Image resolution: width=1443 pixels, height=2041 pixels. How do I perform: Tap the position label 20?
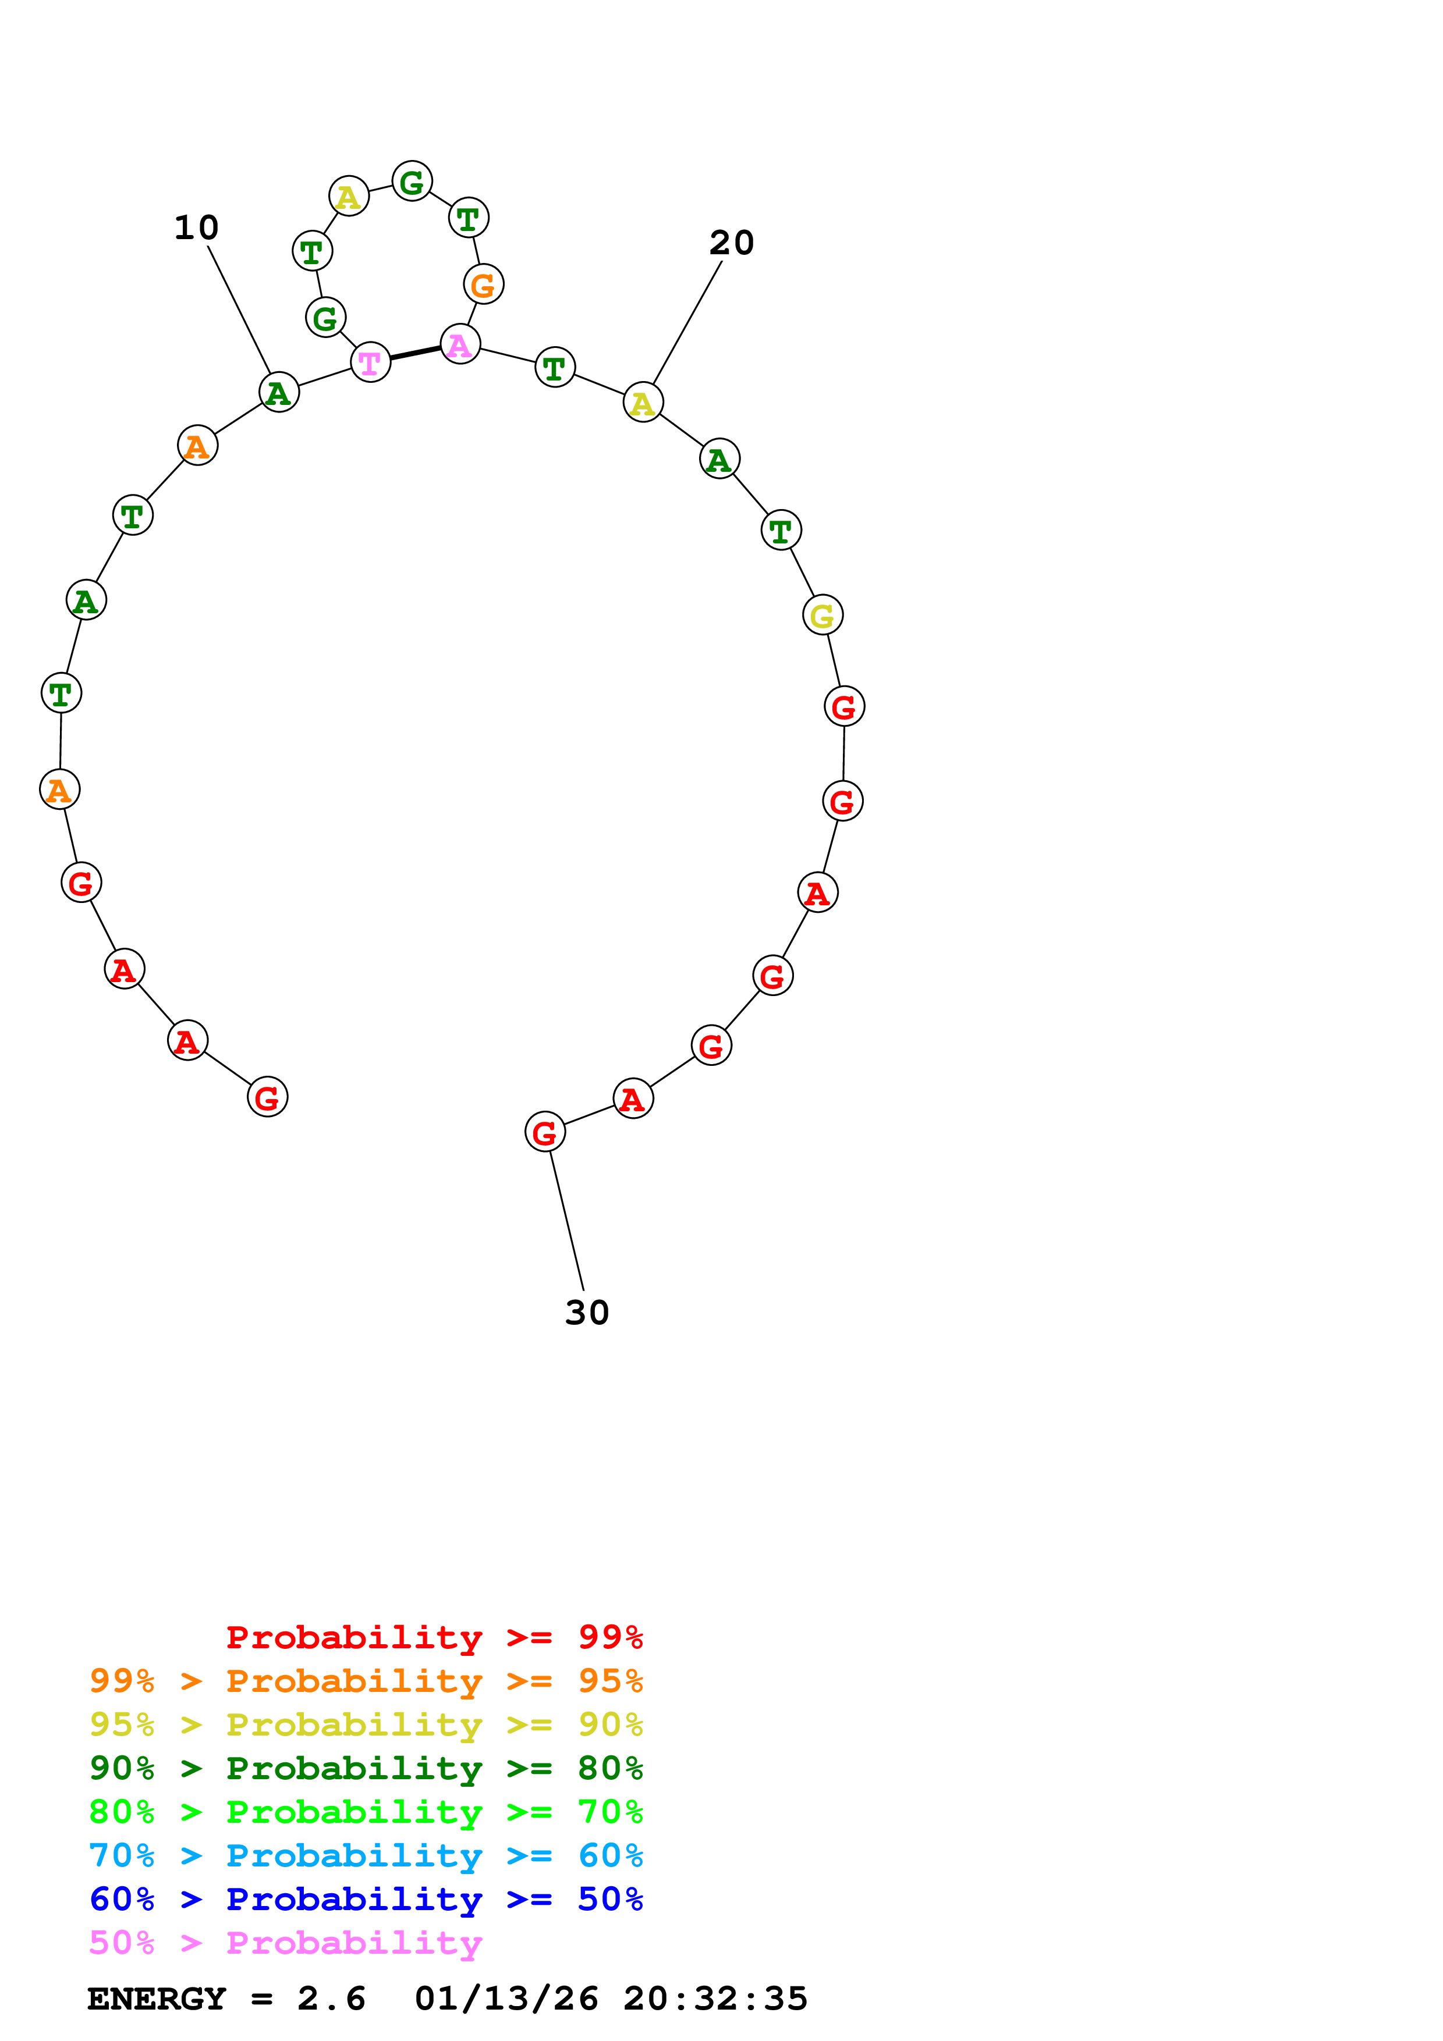[731, 243]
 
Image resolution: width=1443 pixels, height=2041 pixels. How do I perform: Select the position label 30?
[587, 1313]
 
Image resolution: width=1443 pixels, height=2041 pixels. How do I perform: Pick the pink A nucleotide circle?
[460, 344]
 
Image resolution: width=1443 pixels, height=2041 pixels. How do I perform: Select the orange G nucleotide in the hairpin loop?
[483, 285]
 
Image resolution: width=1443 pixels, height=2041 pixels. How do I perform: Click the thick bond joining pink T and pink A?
[415, 353]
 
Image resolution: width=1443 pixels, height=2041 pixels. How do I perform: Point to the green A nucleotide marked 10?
[279, 392]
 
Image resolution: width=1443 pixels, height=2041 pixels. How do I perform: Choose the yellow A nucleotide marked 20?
[643, 403]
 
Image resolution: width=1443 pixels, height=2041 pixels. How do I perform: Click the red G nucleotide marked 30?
[545, 1132]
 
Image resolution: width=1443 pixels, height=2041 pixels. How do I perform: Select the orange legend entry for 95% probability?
[366, 1680]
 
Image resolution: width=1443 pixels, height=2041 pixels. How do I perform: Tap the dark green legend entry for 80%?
[366, 1768]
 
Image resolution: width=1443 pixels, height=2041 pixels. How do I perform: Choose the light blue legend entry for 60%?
[366, 1855]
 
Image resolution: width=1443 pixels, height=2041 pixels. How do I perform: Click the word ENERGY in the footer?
[157, 1999]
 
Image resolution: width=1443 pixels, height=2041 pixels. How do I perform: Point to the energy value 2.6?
[331, 1999]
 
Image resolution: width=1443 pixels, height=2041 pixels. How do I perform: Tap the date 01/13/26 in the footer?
[506, 1999]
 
